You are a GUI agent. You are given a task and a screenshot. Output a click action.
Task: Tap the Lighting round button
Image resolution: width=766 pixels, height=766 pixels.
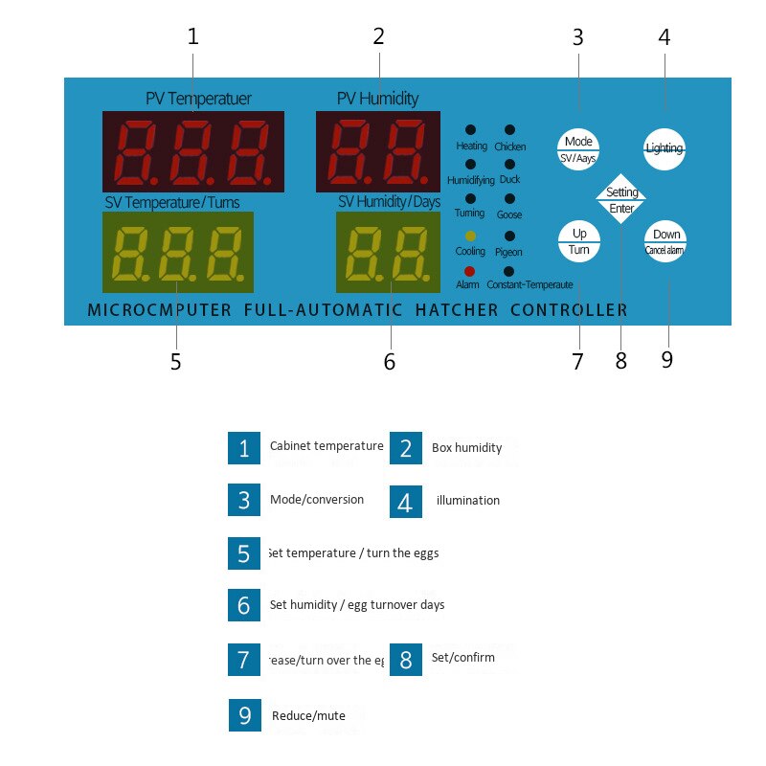(665, 148)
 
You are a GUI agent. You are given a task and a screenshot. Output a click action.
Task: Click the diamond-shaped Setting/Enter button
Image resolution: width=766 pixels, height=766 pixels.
(621, 199)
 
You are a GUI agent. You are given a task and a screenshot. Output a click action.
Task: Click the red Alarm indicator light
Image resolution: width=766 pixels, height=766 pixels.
(469, 271)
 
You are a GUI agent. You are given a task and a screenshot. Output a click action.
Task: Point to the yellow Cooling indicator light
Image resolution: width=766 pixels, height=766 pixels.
(469, 236)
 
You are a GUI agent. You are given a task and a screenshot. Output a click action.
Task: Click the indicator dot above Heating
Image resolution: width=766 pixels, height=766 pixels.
(470, 129)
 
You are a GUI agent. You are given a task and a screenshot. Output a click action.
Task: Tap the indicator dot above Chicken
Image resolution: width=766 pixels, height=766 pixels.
(509, 129)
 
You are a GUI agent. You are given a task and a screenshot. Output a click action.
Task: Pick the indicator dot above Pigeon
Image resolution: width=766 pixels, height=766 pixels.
(509, 236)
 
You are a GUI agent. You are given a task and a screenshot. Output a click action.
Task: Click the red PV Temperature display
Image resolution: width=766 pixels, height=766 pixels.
(193, 151)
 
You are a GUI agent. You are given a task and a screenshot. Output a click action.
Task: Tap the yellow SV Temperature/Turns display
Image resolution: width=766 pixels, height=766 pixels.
(178, 253)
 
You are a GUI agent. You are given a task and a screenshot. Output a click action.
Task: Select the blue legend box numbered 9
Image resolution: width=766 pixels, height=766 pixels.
(244, 716)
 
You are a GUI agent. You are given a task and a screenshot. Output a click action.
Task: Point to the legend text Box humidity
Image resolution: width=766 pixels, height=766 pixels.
(466, 447)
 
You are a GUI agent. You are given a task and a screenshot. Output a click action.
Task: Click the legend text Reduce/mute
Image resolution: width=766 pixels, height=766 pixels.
(308, 715)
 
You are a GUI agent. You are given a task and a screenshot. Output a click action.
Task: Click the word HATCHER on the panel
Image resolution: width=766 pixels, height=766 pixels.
(457, 310)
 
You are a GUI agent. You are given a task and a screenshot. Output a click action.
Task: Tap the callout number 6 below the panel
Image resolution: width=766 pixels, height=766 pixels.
(389, 362)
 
